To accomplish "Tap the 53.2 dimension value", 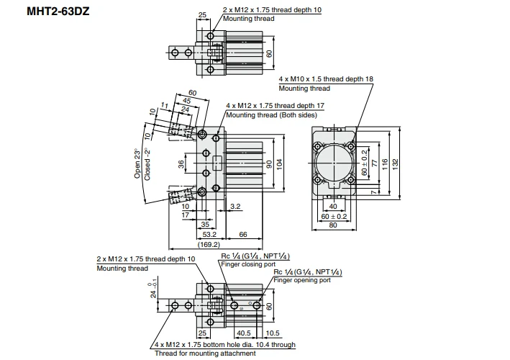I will tap(210, 235).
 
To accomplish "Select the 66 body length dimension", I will tap(243, 235).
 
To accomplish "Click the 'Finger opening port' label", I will tap(302, 279).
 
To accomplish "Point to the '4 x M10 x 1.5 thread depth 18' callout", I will tap(327, 78).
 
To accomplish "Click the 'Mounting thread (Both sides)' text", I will tap(270, 114).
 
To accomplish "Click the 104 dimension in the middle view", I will tap(280, 163).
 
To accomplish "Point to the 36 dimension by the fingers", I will tap(181, 163).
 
